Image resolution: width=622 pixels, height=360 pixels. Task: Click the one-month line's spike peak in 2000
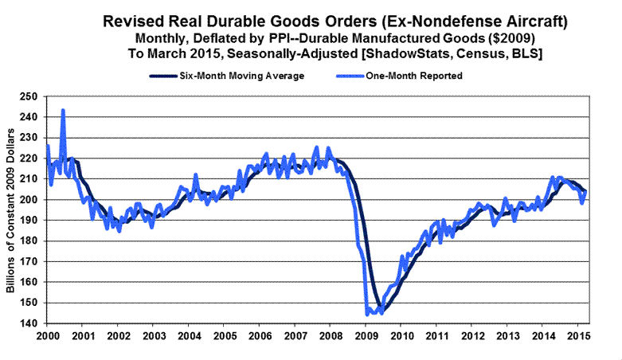tap(63, 110)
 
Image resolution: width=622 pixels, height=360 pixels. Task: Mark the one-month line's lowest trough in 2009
tap(367, 315)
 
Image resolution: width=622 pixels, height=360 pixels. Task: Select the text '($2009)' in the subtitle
tap(491, 38)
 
